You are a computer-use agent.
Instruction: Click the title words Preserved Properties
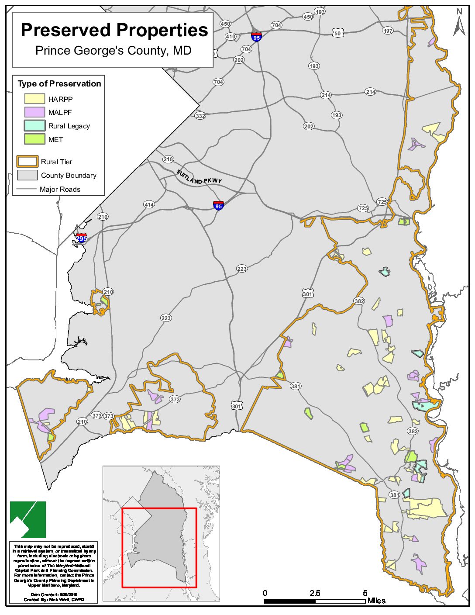[x=114, y=30]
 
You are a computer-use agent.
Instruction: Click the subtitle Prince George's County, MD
[x=113, y=51]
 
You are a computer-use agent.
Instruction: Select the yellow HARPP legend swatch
[x=34, y=99]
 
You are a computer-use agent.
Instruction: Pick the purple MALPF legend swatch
[x=34, y=112]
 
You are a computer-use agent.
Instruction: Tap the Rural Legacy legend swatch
[x=34, y=126]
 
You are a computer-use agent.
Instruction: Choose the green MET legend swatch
[x=34, y=139]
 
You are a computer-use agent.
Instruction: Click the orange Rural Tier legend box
[x=27, y=162]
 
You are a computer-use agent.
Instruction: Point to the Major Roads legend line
[x=27, y=189]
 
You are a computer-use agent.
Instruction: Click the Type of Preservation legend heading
[x=59, y=83]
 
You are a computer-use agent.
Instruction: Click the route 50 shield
[x=337, y=33]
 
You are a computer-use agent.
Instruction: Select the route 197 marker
[x=388, y=31]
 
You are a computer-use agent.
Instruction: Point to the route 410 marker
[x=231, y=37]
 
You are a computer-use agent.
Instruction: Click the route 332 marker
[x=200, y=116]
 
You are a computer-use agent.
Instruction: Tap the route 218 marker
[x=168, y=159]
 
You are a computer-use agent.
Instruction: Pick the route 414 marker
[x=149, y=204]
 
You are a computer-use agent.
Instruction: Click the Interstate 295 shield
[x=81, y=238]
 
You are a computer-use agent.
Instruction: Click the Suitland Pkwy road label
[x=199, y=177]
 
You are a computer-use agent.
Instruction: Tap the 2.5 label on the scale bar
[x=315, y=593]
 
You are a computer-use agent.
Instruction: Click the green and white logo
[x=28, y=519]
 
